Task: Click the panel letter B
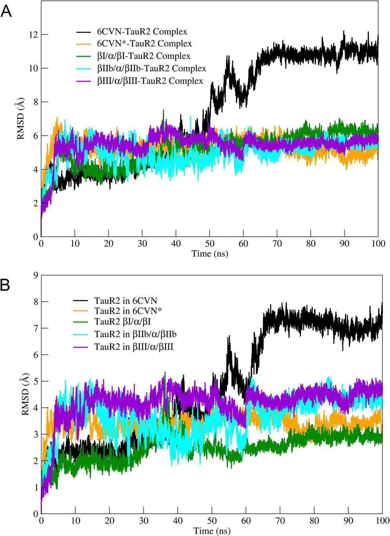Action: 5,285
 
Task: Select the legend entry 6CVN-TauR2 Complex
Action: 142,32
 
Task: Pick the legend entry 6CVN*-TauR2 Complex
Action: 144,43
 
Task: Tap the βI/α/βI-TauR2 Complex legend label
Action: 143,56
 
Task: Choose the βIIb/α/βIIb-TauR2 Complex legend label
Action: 151,69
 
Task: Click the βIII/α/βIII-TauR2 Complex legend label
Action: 150,81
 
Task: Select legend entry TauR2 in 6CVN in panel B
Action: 125,301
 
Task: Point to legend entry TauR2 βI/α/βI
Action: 123,322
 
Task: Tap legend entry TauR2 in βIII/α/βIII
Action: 134,347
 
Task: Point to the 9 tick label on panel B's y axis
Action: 36,275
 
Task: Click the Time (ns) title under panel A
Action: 210,254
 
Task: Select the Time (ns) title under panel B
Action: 212,531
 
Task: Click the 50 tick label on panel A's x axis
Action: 210,244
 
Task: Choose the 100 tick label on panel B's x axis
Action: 382,521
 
